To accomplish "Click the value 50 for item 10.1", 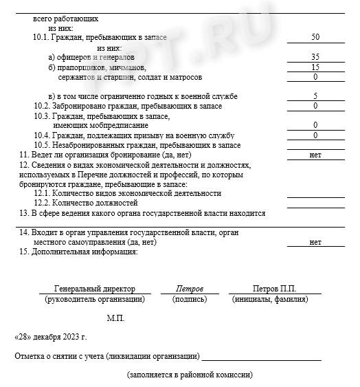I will click(315, 37).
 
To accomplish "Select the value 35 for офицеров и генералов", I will click(315, 57).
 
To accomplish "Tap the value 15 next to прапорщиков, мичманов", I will click(315, 67).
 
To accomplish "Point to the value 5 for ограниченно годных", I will click(315, 96).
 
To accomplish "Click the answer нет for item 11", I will click(315, 155).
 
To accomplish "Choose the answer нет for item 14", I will click(315, 242).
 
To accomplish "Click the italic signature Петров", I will click(190, 289).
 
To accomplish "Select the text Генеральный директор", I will click(95, 289).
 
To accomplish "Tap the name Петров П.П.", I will click(273, 289).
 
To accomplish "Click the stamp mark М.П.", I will click(115, 318).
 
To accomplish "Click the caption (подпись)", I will click(190, 299).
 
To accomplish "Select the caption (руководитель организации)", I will click(95, 299).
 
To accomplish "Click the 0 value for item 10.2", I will click(315, 106).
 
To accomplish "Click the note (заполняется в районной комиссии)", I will click(190, 375).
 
